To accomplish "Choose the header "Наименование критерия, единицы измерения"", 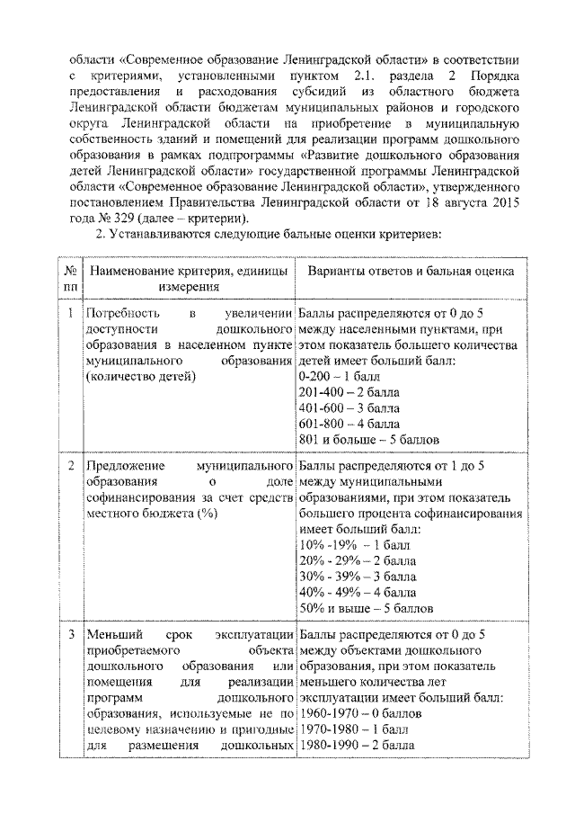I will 188,278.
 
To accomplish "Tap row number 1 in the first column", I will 70,313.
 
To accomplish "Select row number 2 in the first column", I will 70,466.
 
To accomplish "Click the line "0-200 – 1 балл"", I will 339,377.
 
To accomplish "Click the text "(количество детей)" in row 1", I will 139,377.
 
